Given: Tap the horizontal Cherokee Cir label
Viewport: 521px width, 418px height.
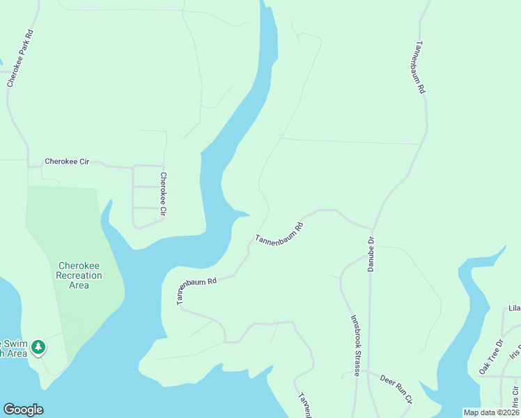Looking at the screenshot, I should pos(68,162).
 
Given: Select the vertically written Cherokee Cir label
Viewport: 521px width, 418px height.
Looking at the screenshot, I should pos(164,193).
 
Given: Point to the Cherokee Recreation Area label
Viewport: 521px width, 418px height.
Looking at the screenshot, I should pos(79,275).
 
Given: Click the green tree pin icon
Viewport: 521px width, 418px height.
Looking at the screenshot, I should pos(40,346).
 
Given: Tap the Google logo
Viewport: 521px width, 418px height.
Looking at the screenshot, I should pos(23,410).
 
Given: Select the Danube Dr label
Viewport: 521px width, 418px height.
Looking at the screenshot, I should pos(371,254).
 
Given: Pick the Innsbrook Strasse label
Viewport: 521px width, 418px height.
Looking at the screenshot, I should pos(355,345).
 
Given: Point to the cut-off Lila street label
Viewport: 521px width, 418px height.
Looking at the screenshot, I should pos(515,308).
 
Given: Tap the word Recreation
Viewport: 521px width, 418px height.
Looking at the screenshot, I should pos(79,275).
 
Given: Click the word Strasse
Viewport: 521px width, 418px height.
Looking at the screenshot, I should pos(356,362).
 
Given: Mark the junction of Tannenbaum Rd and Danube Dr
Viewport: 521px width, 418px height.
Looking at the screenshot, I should pos(373,229).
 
